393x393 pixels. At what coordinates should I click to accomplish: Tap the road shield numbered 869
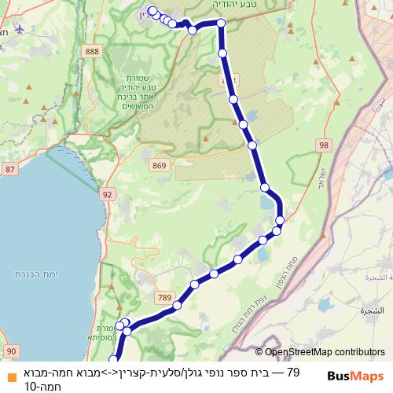pos(160,165)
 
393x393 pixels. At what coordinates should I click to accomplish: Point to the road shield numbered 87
pos(9,170)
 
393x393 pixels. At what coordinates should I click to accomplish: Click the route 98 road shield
pos(324,145)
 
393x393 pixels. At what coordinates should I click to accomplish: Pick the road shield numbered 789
pos(163,296)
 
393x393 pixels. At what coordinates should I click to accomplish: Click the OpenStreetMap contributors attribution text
pos(324,352)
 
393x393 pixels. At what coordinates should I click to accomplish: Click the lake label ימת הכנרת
pos(32,274)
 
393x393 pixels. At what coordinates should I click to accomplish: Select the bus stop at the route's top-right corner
pos(221,24)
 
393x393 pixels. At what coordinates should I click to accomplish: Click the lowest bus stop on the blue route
pos(112,358)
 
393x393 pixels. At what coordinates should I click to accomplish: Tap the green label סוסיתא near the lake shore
pos(108,335)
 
